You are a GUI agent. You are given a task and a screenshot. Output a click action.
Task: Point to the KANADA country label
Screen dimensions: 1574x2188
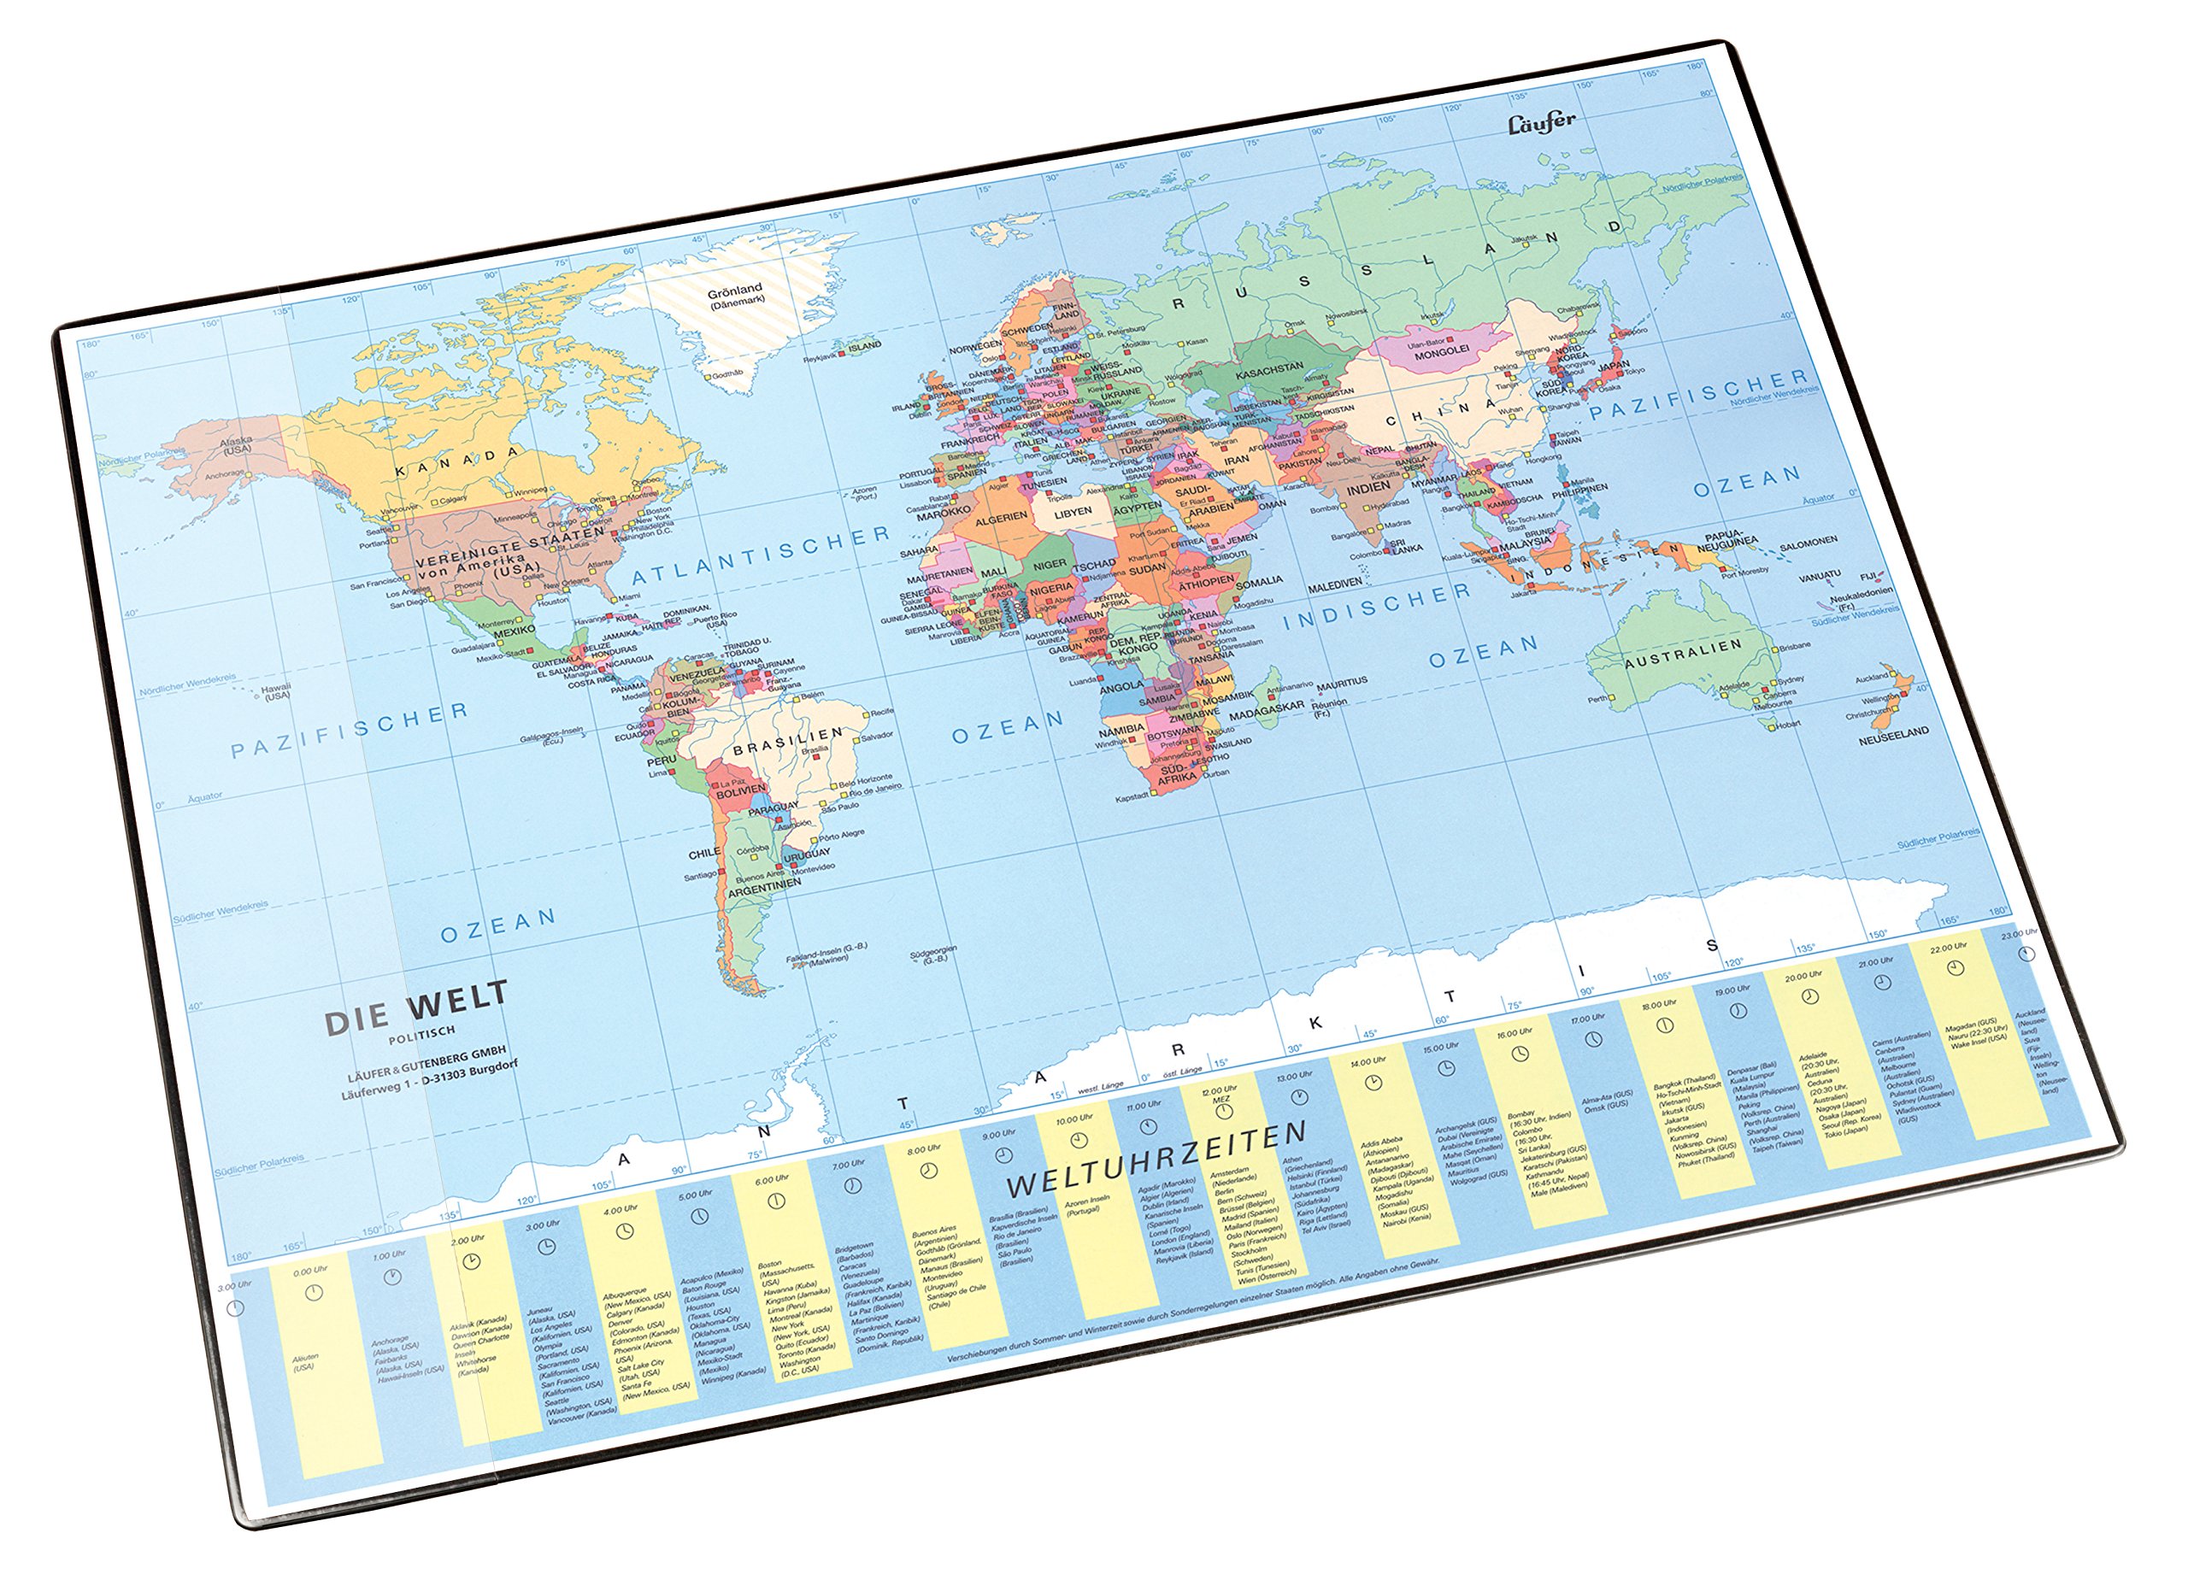pos(457,461)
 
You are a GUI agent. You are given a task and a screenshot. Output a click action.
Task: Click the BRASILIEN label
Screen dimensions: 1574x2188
pos(787,741)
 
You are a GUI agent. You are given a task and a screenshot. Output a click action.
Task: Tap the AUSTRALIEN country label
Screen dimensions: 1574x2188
pos(1683,653)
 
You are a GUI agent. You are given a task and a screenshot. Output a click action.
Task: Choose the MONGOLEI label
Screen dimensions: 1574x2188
pos(1441,351)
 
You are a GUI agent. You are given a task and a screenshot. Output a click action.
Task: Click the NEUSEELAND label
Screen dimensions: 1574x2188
pos(1894,731)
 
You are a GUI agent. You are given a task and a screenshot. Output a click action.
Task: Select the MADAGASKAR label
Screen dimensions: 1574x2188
pos(1267,707)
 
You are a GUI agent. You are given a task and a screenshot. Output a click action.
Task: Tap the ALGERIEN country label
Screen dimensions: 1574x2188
pos(1002,518)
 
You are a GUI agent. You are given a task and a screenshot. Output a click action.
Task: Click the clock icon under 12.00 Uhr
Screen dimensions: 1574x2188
pos(1223,1111)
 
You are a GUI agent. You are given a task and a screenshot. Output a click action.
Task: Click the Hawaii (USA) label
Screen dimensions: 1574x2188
pos(276,691)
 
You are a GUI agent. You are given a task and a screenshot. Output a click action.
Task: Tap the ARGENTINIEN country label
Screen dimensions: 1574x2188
pos(764,884)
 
